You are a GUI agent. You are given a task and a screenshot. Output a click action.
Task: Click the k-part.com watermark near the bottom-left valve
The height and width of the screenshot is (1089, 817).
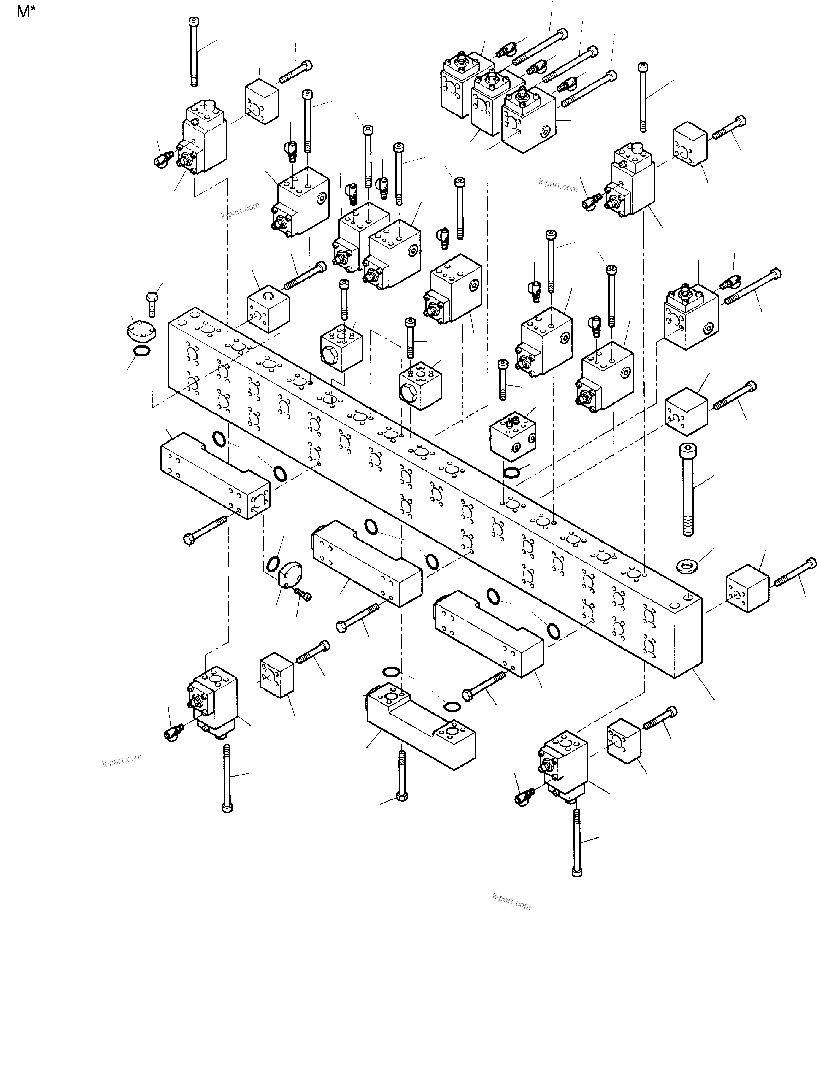[122, 760]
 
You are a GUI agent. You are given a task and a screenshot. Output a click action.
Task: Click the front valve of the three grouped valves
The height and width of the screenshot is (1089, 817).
[528, 122]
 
